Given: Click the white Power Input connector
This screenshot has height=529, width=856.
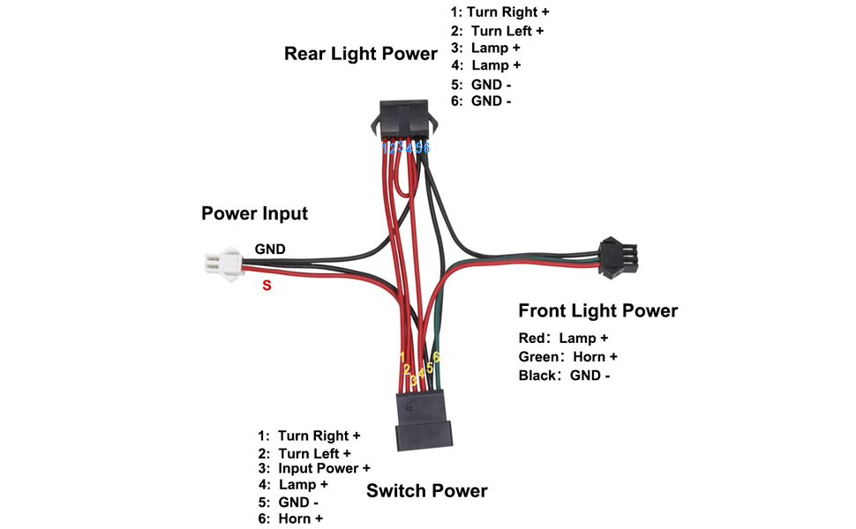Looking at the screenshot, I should [x=218, y=261].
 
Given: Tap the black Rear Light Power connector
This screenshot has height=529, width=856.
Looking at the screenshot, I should [x=404, y=118].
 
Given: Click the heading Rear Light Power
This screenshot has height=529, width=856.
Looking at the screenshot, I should [x=360, y=54].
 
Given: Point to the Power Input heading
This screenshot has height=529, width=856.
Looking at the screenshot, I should [x=254, y=213].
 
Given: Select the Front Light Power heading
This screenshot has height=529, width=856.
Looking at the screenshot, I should [x=597, y=310].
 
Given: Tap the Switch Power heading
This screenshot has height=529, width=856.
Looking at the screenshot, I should [x=426, y=490].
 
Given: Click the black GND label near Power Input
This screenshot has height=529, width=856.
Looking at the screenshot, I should [x=270, y=250].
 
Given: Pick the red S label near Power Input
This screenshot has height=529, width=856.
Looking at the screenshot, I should [x=266, y=286].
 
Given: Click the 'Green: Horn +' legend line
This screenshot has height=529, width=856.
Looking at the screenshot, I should [x=567, y=356].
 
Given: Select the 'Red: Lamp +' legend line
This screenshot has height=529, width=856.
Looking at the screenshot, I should [x=563, y=338].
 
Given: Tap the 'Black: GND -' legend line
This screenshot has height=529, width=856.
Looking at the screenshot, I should [x=564, y=376].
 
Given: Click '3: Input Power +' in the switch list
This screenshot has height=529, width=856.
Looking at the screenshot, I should [x=314, y=468].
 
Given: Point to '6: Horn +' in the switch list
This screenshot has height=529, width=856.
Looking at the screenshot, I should [x=290, y=518].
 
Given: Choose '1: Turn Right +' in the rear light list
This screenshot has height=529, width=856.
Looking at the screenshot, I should [x=499, y=12].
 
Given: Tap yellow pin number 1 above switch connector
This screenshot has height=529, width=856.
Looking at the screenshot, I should [x=402, y=357].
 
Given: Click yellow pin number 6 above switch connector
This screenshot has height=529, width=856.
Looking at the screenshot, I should [x=437, y=357].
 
